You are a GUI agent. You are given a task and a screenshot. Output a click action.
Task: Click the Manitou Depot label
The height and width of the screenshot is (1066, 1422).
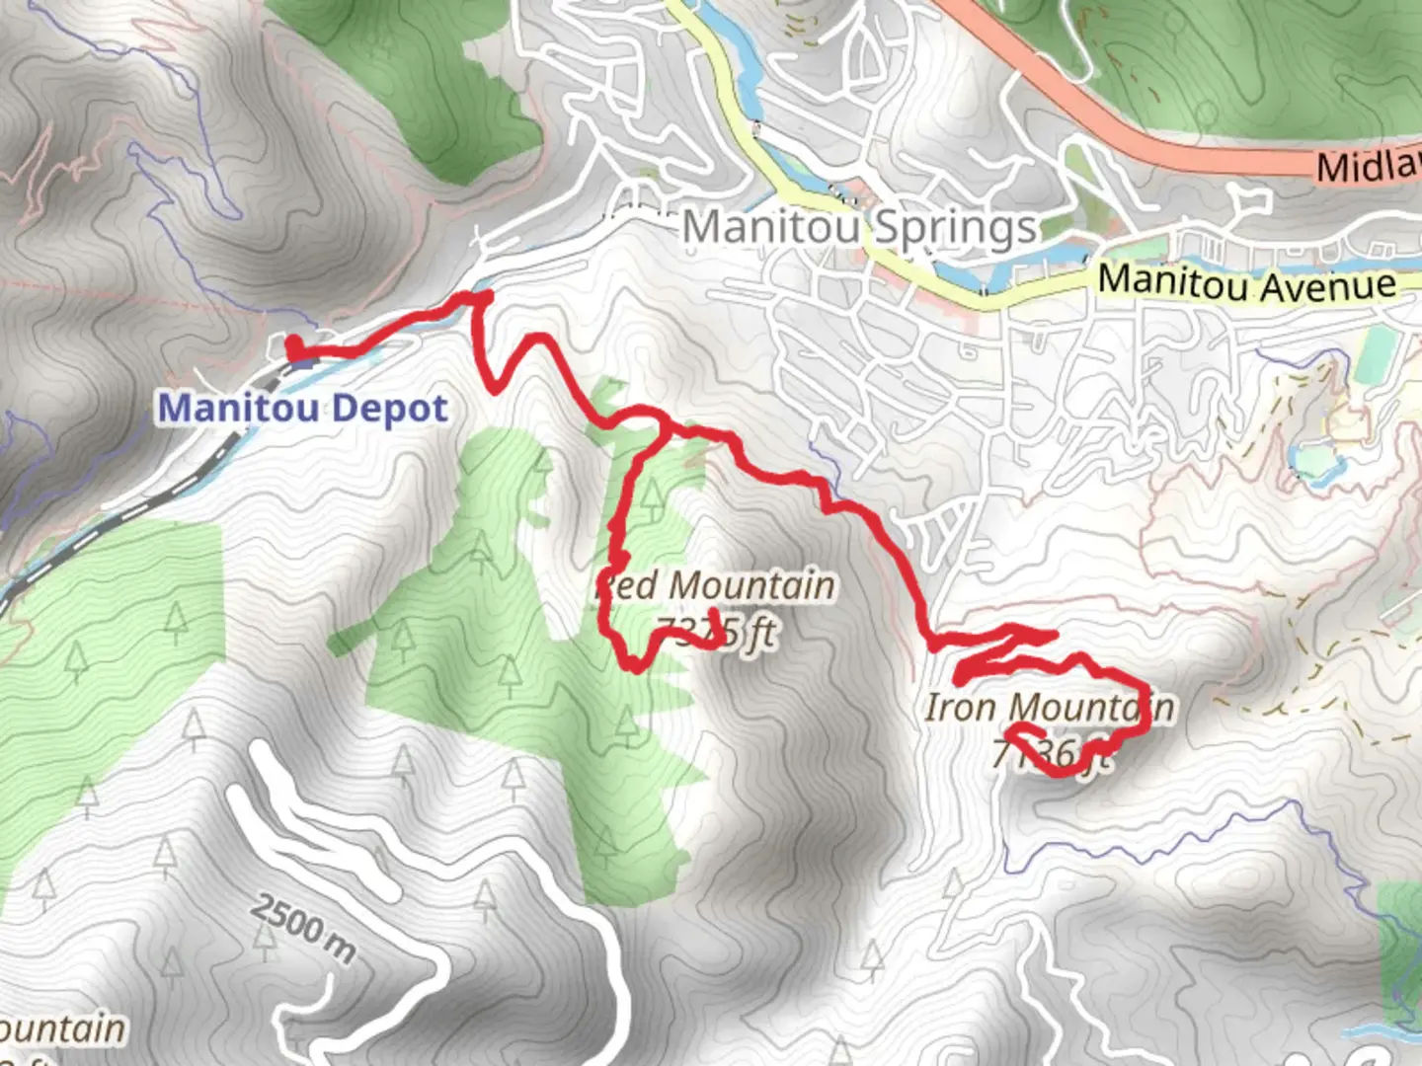(303, 408)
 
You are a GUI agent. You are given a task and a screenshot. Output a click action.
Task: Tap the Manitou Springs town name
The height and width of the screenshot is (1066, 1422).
(859, 228)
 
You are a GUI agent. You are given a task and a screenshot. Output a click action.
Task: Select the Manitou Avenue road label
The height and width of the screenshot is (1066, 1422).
(1247, 283)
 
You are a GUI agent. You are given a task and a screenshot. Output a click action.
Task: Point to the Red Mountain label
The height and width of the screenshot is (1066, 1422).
(718, 585)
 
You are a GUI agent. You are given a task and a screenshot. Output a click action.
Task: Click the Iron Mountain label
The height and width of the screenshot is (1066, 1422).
(1049, 707)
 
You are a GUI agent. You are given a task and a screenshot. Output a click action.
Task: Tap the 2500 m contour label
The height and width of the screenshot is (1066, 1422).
(302, 928)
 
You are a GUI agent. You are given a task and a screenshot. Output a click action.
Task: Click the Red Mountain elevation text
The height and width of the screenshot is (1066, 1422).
(718, 632)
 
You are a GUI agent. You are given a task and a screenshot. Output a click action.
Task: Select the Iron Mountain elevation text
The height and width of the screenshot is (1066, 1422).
(1051, 754)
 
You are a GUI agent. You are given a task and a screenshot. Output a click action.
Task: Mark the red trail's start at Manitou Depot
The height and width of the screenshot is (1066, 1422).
(294, 347)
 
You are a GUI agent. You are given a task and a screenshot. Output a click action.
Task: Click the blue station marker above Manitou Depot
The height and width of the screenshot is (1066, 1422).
(303, 361)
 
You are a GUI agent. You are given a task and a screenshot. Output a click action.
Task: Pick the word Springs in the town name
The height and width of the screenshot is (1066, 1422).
(955, 229)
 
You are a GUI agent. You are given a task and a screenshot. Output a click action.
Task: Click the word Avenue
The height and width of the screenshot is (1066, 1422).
(1328, 286)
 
